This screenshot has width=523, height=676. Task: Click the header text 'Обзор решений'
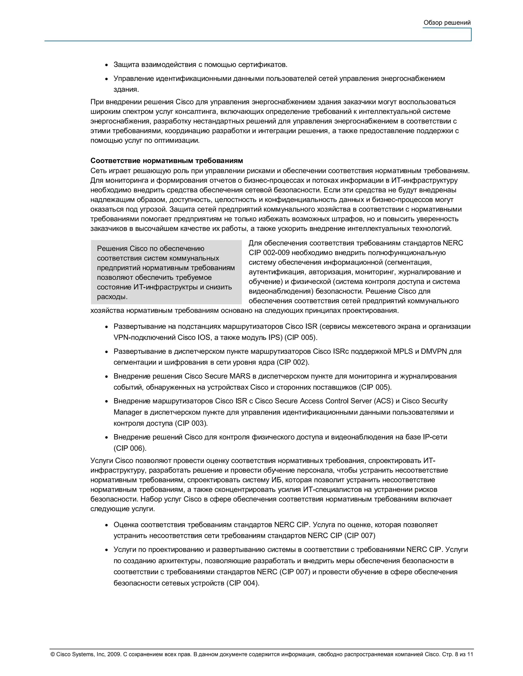[447, 23]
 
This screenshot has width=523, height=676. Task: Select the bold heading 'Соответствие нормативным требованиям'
[167, 161]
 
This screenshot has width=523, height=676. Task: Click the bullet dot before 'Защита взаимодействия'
[106, 65]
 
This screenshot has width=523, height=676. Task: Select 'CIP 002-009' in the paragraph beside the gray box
[269, 253]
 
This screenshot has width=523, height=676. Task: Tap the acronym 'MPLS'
[403, 351]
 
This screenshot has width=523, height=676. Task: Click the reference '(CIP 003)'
[191, 423]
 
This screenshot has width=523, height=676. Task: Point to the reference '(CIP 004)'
[243, 583]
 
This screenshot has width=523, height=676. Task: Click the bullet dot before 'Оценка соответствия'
[106, 525]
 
